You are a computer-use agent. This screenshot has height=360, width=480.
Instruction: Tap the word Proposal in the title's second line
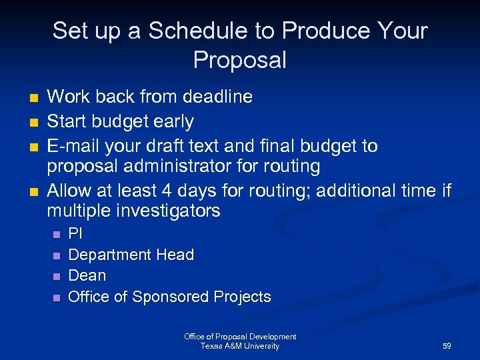[x=240, y=60]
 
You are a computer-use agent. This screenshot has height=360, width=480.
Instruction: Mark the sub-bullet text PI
[x=75, y=234]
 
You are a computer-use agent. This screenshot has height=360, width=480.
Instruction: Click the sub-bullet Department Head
[x=131, y=255]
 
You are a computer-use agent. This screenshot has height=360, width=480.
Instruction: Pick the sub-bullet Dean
[x=87, y=275]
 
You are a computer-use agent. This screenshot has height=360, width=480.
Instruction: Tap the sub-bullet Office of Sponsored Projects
[x=169, y=297]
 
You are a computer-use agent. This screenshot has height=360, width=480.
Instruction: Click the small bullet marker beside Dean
[x=56, y=276]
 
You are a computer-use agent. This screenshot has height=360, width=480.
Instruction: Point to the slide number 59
[x=447, y=347]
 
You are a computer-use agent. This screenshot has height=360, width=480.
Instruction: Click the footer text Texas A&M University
[x=240, y=346]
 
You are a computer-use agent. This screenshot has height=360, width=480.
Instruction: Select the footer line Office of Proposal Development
[x=240, y=337]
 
